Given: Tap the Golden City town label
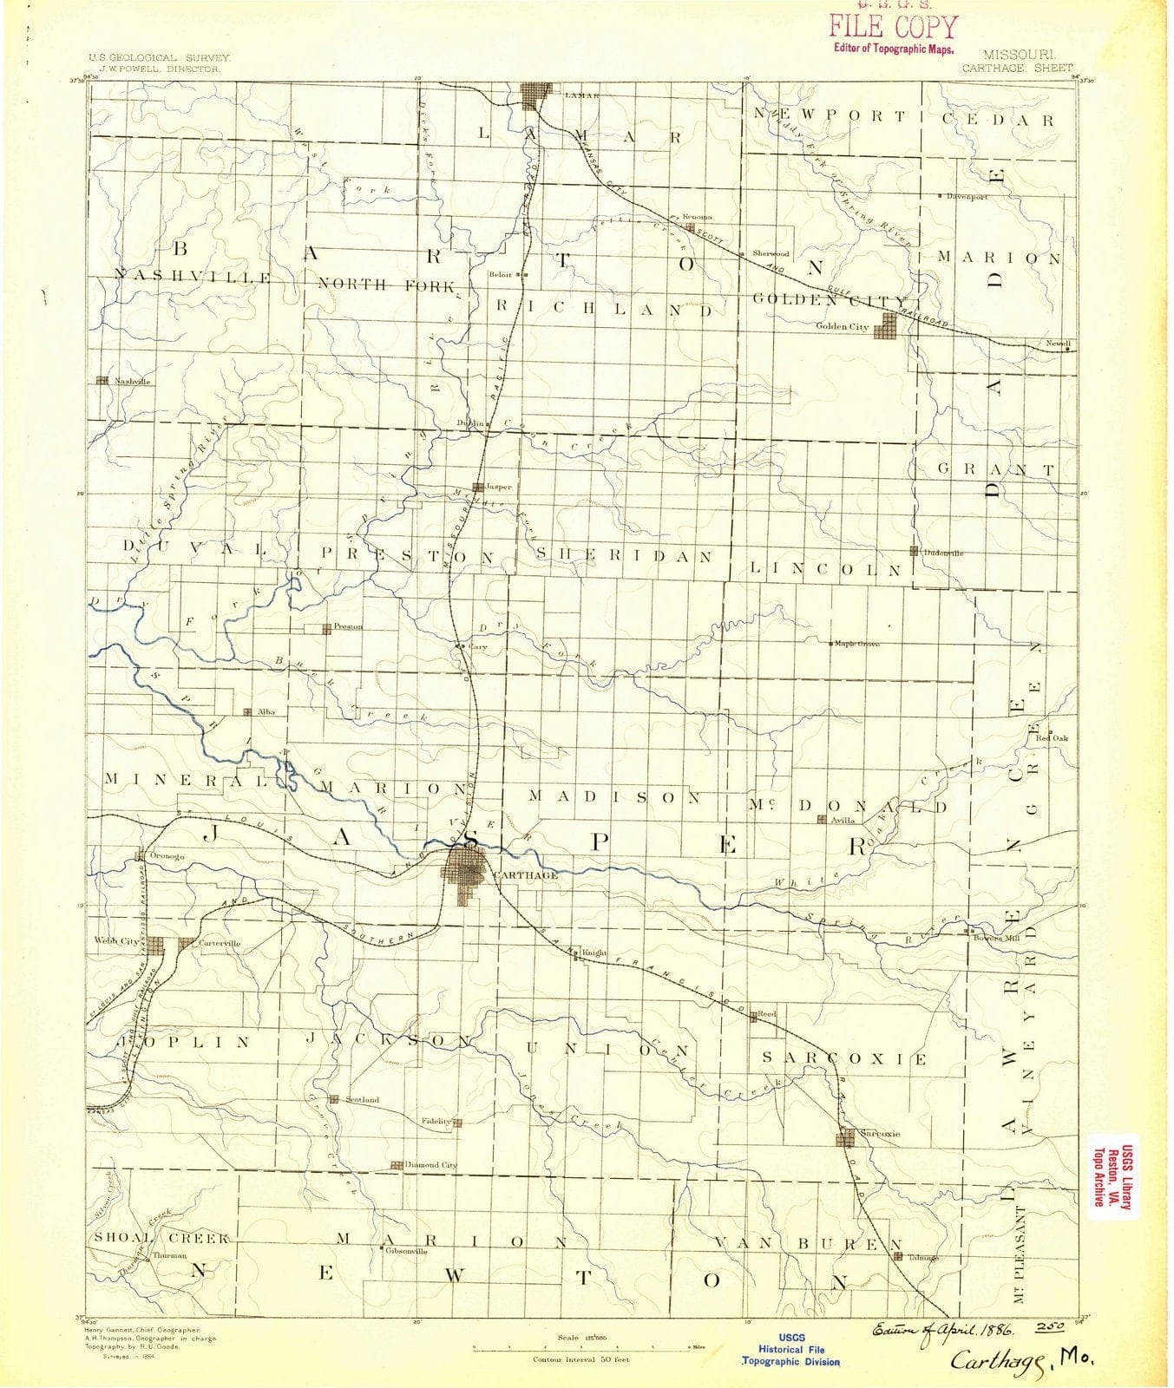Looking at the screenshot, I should [843, 326].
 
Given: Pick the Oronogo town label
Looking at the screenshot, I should [168, 856].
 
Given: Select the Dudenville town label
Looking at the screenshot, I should [943, 553].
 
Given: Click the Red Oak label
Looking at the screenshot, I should [1058, 738].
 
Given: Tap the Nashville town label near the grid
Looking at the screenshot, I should [133, 381].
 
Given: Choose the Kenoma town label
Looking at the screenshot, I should [697, 217].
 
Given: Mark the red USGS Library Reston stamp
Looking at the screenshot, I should [1115, 1170].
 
